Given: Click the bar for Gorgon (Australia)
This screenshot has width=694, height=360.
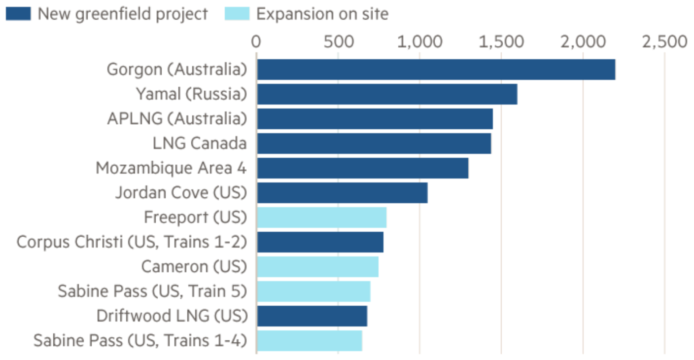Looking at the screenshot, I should [x=436, y=70].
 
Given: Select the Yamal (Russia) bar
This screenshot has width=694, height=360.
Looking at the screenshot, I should [x=387, y=94].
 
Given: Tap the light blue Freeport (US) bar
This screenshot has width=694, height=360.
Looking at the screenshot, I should [x=321, y=217].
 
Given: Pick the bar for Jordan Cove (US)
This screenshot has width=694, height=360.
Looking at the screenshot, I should [x=342, y=193].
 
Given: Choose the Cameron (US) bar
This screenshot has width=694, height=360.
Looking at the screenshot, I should [x=317, y=267].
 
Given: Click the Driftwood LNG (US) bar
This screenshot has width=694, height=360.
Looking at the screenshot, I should [x=312, y=316].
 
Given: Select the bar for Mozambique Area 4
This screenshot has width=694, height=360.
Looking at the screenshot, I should [x=362, y=168].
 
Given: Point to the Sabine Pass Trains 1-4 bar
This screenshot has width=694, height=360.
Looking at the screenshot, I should [x=309, y=341].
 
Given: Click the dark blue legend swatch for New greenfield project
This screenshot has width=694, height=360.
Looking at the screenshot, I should [x=19, y=13].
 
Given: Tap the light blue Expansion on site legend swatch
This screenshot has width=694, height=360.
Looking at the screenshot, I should [x=237, y=13].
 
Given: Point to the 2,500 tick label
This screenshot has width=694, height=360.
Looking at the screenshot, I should [x=664, y=42].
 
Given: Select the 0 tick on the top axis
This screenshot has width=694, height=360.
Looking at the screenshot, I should [x=256, y=42].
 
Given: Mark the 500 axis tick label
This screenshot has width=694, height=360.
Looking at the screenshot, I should [x=338, y=42].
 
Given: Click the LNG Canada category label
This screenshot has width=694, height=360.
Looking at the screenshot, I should [x=200, y=144].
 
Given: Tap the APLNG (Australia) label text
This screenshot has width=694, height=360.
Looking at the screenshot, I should [x=176, y=119].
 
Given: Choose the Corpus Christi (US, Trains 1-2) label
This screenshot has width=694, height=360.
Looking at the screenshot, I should [x=132, y=242].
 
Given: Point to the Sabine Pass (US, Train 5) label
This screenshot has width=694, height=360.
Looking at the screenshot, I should [x=152, y=291].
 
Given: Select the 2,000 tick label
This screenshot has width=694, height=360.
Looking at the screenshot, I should [x=583, y=42].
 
